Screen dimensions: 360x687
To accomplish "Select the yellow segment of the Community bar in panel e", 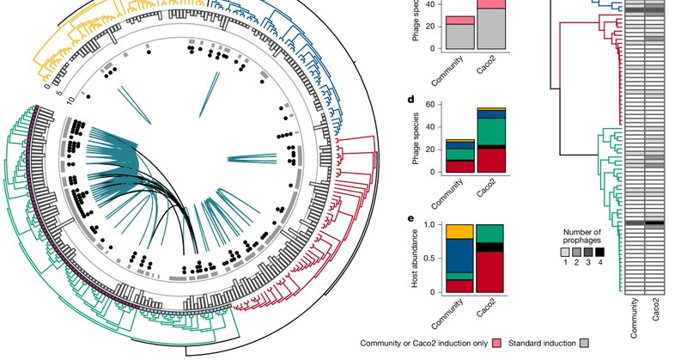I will coord(459,231).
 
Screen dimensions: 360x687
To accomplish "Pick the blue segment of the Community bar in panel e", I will coord(459,255).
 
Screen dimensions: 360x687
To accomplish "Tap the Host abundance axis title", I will coord(416,259).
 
